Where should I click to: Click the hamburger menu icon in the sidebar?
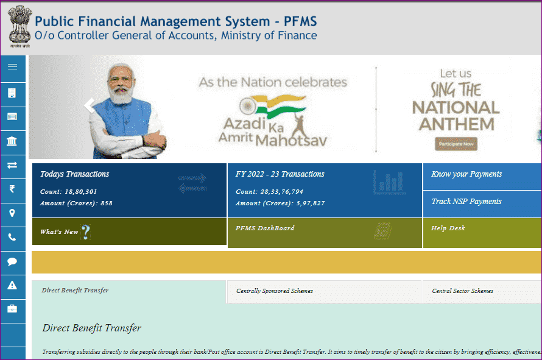(12, 67)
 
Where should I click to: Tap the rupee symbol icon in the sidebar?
(12, 189)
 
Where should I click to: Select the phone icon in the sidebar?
(12, 238)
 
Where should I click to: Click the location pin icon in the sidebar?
(12, 213)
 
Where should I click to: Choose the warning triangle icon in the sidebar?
(12, 285)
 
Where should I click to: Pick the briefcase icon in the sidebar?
(12, 309)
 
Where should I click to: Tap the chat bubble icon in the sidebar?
(12, 261)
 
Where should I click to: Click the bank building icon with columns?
(12, 142)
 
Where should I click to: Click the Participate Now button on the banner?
(456, 144)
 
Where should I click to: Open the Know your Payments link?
(466, 174)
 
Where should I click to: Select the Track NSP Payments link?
(466, 202)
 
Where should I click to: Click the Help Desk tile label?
(448, 228)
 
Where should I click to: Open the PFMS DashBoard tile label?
(265, 228)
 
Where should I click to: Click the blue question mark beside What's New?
(86, 232)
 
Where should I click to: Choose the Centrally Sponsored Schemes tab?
(275, 291)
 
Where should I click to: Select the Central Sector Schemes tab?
(463, 291)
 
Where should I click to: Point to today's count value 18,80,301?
(82, 191)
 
